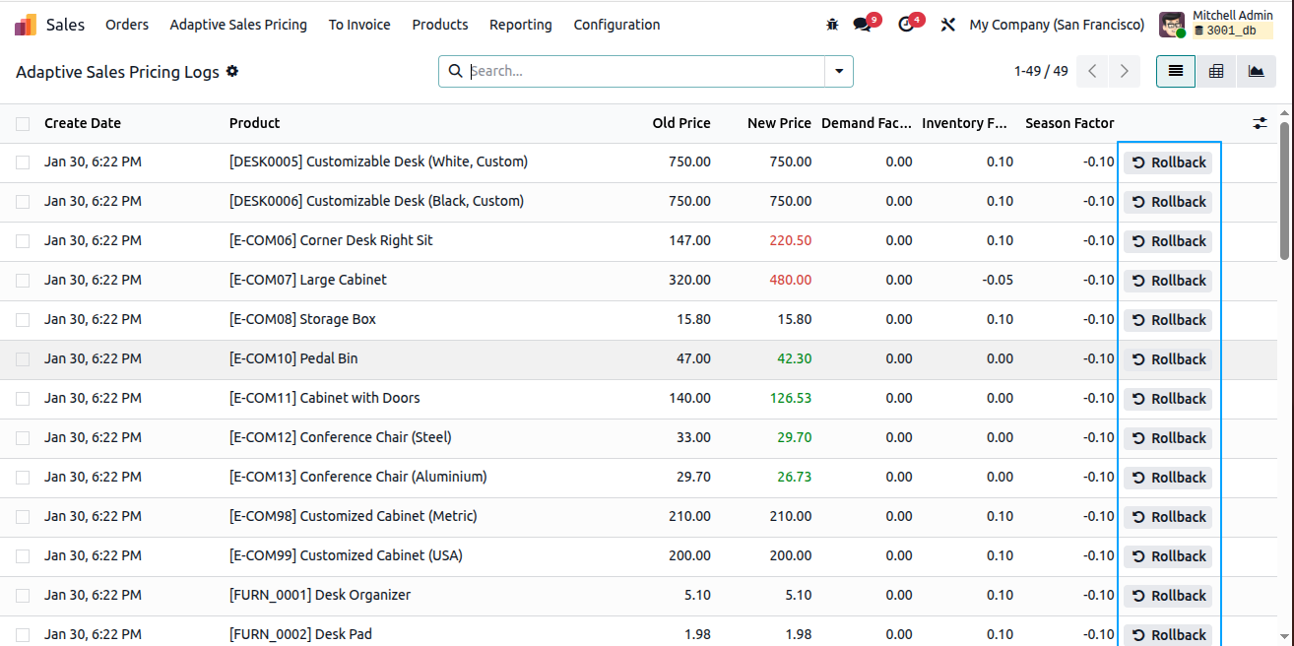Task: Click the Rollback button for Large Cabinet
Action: click(x=1168, y=281)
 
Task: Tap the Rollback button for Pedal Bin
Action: click(x=1168, y=358)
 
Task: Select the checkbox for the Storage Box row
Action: click(x=23, y=319)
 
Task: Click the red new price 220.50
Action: click(x=790, y=240)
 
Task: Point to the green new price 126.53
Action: click(x=790, y=398)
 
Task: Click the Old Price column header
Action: click(x=681, y=123)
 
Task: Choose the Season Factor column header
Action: click(x=1069, y=123)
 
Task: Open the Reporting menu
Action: click(x=521, y=25)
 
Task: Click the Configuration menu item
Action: click(x=616, y=25)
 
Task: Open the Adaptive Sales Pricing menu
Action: click(x=238, y=25)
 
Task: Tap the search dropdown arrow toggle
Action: click(x=839, y=71)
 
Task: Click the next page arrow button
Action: click(x=1125, y=71)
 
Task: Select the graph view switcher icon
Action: click(x=1256, y=71)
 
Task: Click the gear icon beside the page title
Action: click(x=232, y=71)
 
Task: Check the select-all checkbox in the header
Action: click(x=23, y=124)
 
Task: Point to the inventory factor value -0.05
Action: click(x=997, y=280)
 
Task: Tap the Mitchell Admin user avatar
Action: click(x=1172, y=25)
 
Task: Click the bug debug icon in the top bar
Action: click(x=832, y=25)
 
